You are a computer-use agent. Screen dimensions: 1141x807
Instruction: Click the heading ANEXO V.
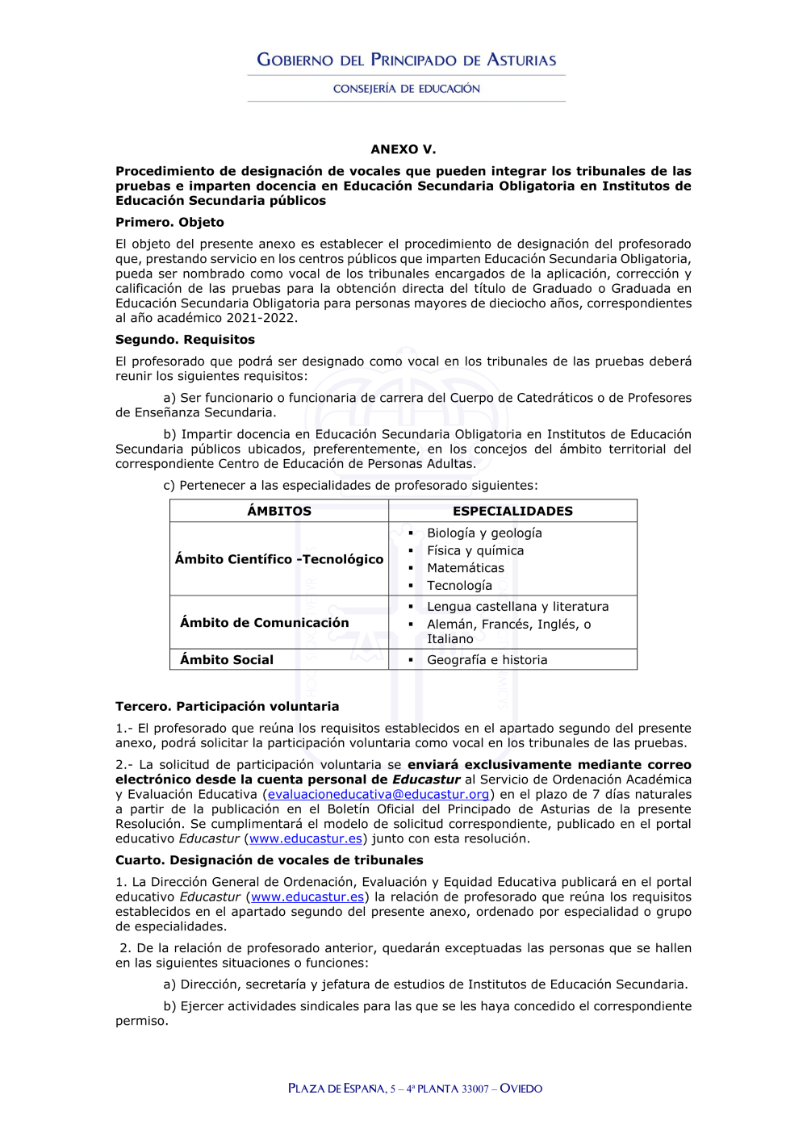(403, 149)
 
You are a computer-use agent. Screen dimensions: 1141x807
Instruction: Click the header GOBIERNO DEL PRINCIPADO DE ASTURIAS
(406, 60)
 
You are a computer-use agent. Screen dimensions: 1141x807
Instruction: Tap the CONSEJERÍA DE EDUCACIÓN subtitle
(406, 89)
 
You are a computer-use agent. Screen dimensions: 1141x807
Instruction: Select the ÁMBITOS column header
(279, 511)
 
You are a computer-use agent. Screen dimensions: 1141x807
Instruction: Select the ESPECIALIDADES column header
(512, 511)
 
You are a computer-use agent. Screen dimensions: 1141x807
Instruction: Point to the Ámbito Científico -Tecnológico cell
(279, 559)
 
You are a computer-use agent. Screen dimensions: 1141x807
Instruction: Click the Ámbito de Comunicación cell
(265, 622)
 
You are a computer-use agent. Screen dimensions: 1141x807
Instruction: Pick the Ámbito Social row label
(227, 659)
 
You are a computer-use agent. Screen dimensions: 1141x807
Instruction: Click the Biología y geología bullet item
(484, 533)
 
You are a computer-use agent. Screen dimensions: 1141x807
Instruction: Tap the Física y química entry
(475, 550)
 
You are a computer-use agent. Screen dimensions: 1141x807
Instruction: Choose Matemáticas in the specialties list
(466, 568)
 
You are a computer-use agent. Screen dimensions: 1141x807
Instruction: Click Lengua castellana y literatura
(517, 607)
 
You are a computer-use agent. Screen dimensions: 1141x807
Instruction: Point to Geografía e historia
(487, 659)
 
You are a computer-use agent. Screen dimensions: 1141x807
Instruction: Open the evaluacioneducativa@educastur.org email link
(378, 794)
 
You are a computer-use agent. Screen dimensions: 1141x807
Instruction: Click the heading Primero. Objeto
(169, 222)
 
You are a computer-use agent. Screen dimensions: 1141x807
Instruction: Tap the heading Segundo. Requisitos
(185, 340)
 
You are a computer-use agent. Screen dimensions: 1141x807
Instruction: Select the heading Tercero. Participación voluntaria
(227, 706)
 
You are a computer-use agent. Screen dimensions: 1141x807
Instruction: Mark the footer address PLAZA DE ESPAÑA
(337, 1089)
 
